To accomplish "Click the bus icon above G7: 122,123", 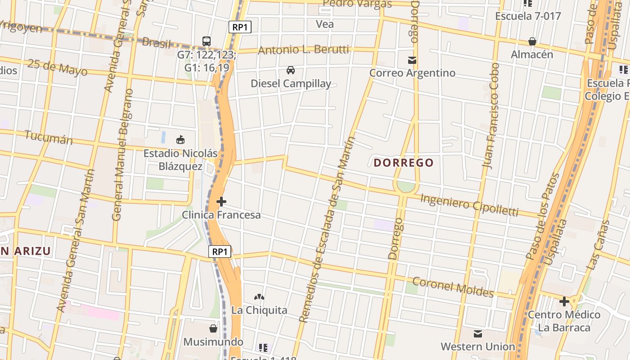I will coord(207,41).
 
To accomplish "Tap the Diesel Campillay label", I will coord(291,83).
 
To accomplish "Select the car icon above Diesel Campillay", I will coord(291,70).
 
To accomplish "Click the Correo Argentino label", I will coord(412,73).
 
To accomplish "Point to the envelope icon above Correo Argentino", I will coord(412,60).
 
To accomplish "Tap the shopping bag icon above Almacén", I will coord(532,41).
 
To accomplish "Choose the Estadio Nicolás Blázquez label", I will coord(180,160).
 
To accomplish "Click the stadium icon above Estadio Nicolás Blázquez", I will coord(180,140).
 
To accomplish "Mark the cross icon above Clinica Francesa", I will coord(221,202).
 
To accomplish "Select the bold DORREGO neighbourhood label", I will coord(404,162).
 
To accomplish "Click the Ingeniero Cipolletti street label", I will coord(469,205).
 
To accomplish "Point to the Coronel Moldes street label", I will coord(453,287).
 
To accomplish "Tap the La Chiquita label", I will coord(259,310).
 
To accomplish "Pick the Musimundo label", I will coord(213,342).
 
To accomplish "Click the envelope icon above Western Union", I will coord(478,333).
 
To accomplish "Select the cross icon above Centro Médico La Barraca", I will coord(564,301).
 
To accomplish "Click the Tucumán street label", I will coord(49,137).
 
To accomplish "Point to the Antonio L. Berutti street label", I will coord(303,49).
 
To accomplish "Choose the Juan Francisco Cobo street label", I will coord(490,116).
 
